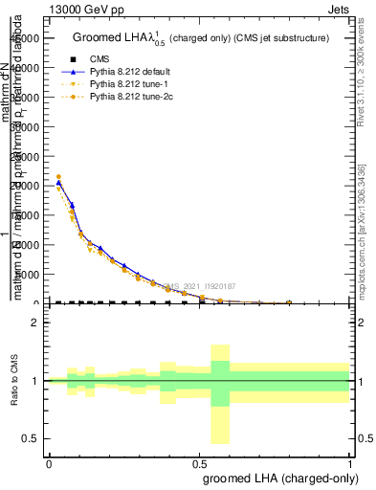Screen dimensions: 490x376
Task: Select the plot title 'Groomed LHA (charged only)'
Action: pyautogui.click(x=200, y=37)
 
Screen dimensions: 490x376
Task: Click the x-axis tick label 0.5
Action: pyautogui.click(x=199, y=463)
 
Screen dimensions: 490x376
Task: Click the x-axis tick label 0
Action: pyautogui.click(x=49, y=463)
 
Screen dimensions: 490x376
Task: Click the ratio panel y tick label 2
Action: pyautogui.click(x=35, y=323)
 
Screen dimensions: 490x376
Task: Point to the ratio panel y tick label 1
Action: pyautogui.click(x=35, y=381)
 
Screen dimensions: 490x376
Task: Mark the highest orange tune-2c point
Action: pyautogui.click(x=58, y=177)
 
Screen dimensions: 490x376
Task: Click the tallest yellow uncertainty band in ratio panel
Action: pyautogui.click(x=220, y=393)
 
